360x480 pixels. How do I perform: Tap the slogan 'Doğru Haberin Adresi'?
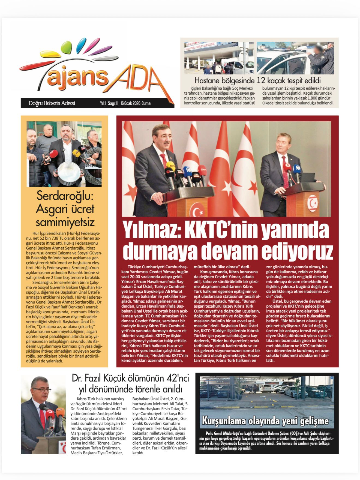point(52,103)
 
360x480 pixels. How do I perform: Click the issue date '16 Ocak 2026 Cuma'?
point(136,103)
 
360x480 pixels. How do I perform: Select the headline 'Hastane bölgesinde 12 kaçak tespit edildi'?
point(257,81)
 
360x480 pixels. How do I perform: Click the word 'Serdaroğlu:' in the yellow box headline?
point(65,196)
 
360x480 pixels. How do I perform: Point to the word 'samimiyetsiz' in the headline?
point(65,222)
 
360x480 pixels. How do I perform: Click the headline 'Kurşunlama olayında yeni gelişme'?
point(265,421)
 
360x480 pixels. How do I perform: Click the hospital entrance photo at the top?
point(219,58)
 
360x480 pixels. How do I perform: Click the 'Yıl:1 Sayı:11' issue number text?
point(109,103)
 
